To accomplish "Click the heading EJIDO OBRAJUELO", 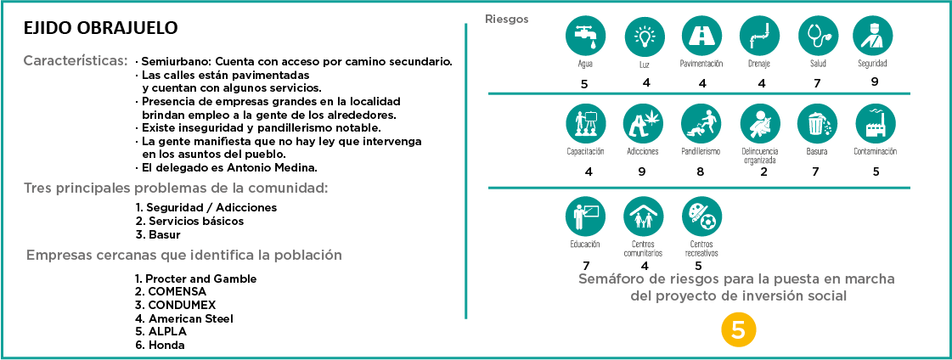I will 101,28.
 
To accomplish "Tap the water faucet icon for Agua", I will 583,37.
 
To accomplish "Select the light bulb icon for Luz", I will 643,37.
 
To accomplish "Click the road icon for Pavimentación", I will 701,37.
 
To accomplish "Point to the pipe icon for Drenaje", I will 759,37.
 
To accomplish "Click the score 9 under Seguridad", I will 874,82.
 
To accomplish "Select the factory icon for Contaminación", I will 875,123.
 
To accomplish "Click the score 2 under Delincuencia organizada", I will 763,172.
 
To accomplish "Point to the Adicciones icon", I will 642,123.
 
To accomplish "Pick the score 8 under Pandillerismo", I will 701,172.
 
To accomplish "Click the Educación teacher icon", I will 585,218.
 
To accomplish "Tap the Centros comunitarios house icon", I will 643,218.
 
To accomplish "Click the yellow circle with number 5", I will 737,330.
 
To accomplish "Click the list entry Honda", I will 166,345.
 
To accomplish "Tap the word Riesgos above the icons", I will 506,19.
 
